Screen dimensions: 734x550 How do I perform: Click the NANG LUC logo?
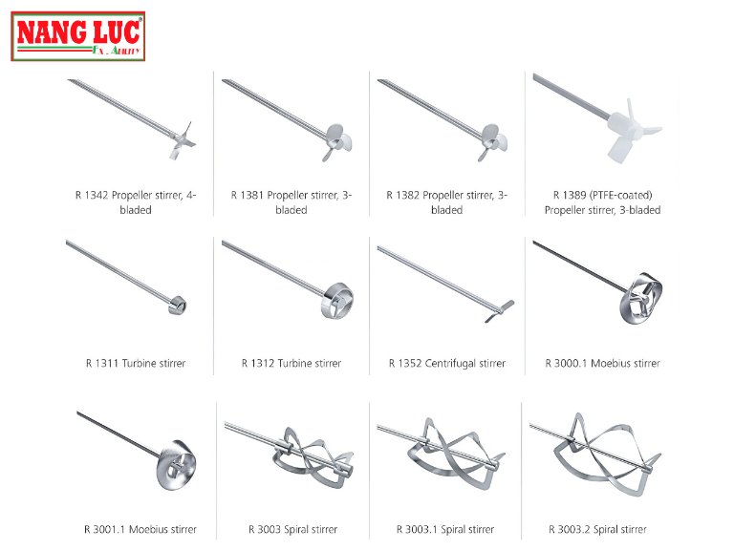coord(78,36)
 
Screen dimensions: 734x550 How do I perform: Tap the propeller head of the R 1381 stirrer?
coord(338,142)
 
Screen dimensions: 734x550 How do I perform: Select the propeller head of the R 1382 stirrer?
coord(493,142)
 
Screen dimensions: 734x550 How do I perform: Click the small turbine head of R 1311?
coord(178,306)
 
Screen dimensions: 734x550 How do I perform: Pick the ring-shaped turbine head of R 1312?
coord(337,301)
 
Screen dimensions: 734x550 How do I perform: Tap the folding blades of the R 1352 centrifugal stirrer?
coord(500,311)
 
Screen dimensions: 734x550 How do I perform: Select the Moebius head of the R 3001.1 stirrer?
coord(176,465)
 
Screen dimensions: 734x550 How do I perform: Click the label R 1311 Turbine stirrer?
coord(136,363)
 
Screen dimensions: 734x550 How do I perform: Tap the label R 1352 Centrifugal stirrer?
coord(447,363)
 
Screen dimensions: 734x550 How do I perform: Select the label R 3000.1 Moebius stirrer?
coord(602,363)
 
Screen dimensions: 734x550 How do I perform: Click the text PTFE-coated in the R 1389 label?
coord(620,195)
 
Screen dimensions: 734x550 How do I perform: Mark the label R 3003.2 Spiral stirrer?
coord(597,529)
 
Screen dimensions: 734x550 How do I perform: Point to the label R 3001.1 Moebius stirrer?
coord(140,529)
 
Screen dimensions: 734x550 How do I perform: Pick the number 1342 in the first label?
coord(97,195)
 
